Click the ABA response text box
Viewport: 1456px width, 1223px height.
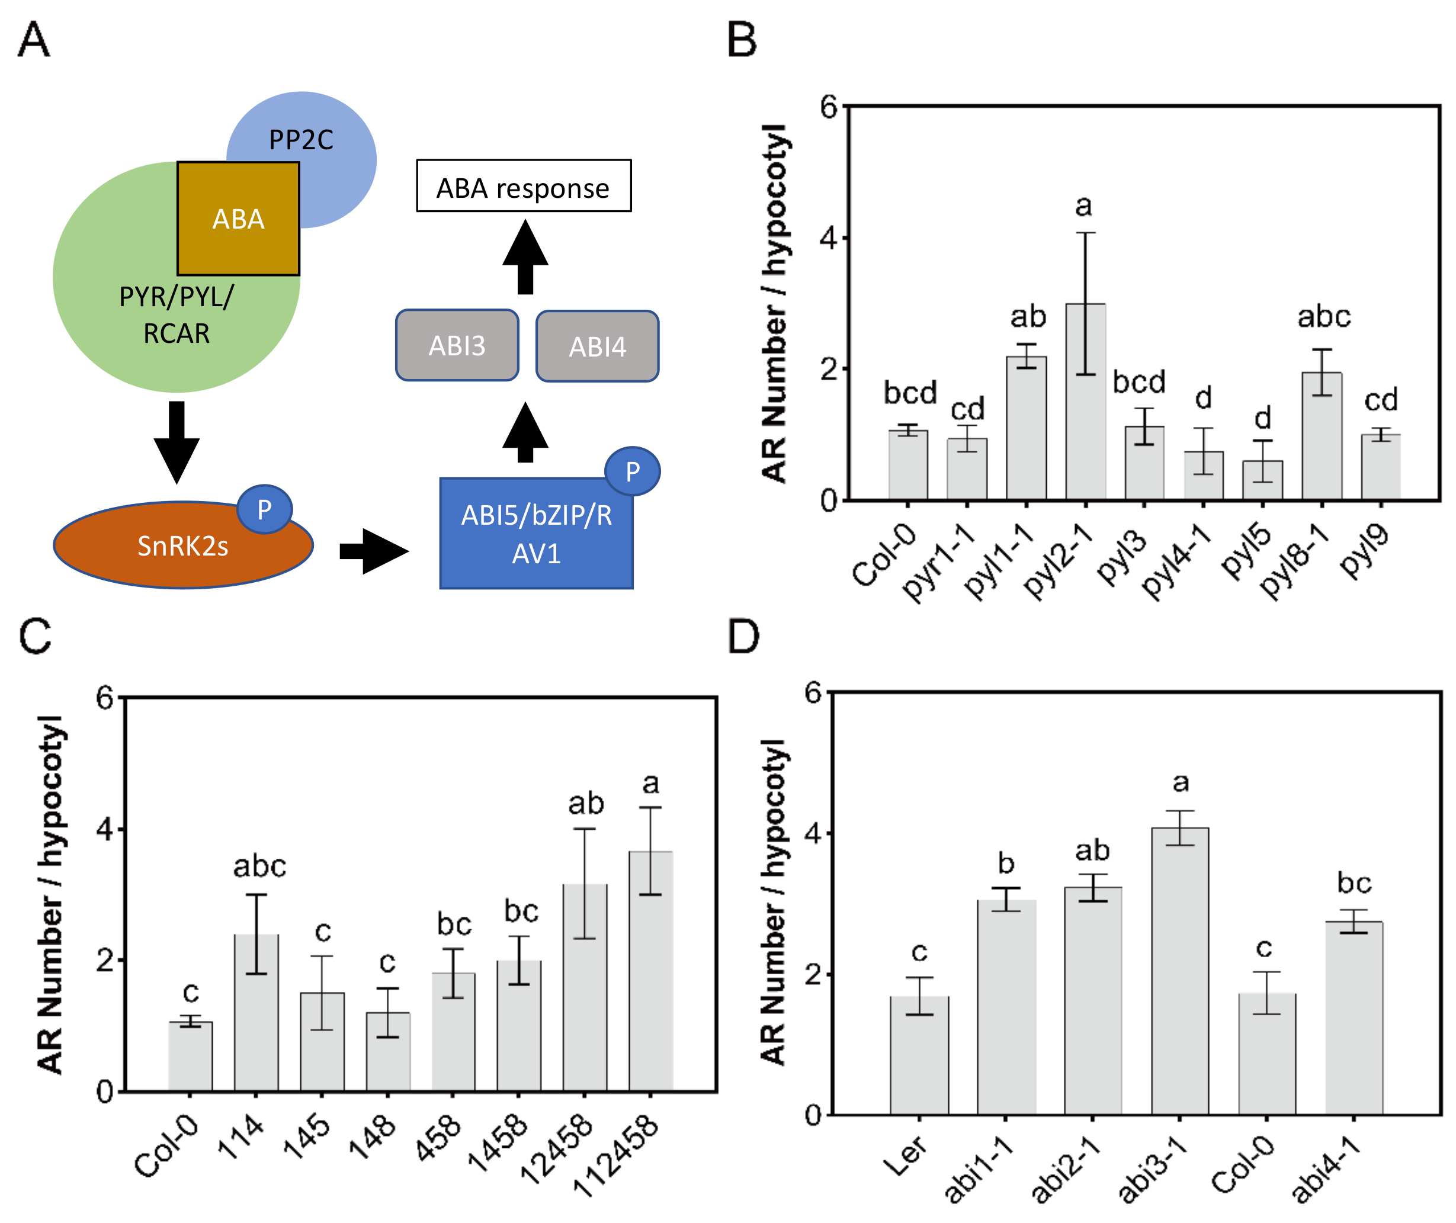524,187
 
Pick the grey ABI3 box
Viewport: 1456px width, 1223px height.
457,345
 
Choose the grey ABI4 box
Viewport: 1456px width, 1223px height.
597,346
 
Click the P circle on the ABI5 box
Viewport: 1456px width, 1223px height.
631,471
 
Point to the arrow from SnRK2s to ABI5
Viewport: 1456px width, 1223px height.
374,551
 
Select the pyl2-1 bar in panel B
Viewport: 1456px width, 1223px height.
1085,402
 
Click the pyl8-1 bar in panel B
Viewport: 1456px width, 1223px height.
1322,437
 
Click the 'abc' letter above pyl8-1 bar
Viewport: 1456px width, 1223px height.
1323,317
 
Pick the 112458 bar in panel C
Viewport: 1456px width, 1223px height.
650,971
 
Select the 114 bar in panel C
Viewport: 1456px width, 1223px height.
256,1012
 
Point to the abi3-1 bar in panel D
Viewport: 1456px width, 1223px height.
1179,971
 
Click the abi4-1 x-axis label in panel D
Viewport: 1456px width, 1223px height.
1326,1171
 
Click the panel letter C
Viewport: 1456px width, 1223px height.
36,635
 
